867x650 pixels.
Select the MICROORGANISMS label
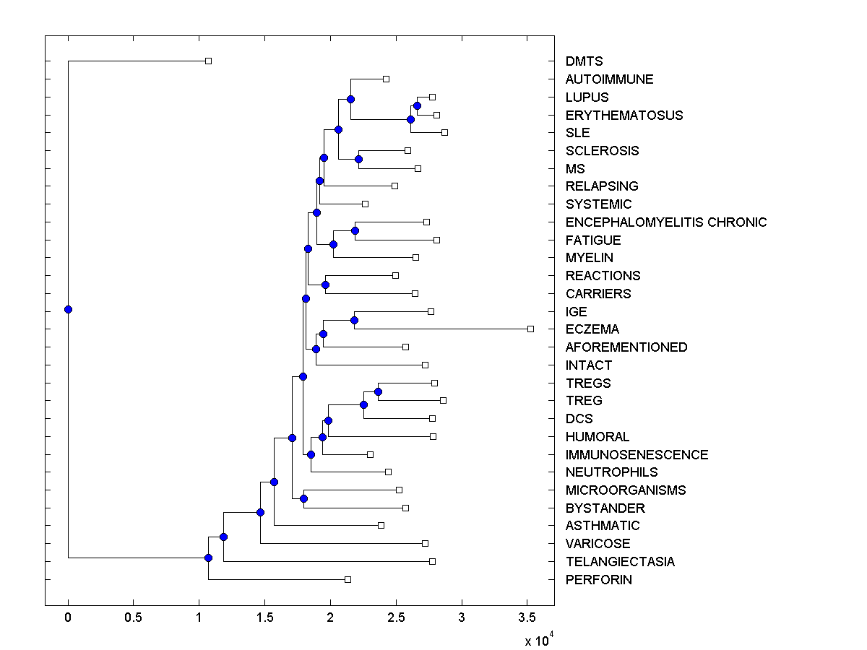pos(626,490)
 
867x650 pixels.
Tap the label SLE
pos(577,133)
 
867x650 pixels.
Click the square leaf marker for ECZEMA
pos(530,329)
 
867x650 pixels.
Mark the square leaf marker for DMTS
pos(208,61)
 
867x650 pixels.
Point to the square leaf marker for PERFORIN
pos(348,579)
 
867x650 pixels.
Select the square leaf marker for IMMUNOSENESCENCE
pos(370,454)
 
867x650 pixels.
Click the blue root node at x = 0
pos(68,309)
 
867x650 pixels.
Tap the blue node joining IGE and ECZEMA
pos(354,320)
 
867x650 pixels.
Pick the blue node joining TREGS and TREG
pos(378,391)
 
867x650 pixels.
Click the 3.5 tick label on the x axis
pos(527,617)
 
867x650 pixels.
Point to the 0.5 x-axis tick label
pos(133,617)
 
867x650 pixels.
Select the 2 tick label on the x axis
pos(330,617)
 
